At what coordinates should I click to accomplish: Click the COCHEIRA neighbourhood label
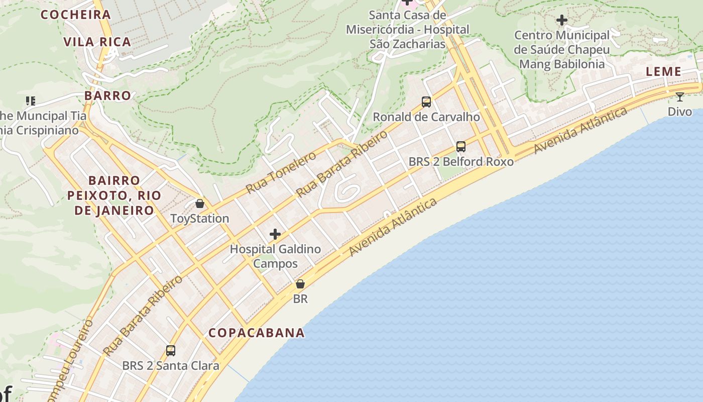[x=75, y=15]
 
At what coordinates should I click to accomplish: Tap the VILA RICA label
[x=97, y=42]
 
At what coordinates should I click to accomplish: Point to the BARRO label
[x=107, y=95]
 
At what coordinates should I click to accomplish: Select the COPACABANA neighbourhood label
[x=257, y=333]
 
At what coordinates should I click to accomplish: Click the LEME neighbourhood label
[x=663, y=71]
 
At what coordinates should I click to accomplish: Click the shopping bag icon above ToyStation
[x=200, y=204]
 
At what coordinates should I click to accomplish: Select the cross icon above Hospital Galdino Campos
[x=275, y=234]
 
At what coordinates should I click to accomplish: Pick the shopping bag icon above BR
[x=300, y=284]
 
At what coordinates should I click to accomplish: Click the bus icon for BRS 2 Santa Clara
[x=171, y=350]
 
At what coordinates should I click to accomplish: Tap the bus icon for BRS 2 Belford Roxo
[x=460, y=147]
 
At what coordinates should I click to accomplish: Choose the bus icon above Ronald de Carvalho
[x=426, y=102]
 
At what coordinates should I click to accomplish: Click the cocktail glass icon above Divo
[x=679, y=96]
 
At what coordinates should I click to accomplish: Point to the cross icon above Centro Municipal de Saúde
[x=562, y=20]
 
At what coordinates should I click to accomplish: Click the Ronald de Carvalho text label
[x=426, y=117]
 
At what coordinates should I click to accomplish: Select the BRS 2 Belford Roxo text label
[x=461, y=162]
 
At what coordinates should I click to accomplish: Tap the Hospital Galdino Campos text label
[x=275, y=256]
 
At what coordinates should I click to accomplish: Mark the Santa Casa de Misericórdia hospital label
[x=407, y=30]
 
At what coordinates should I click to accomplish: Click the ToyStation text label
[x=200, y=219]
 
